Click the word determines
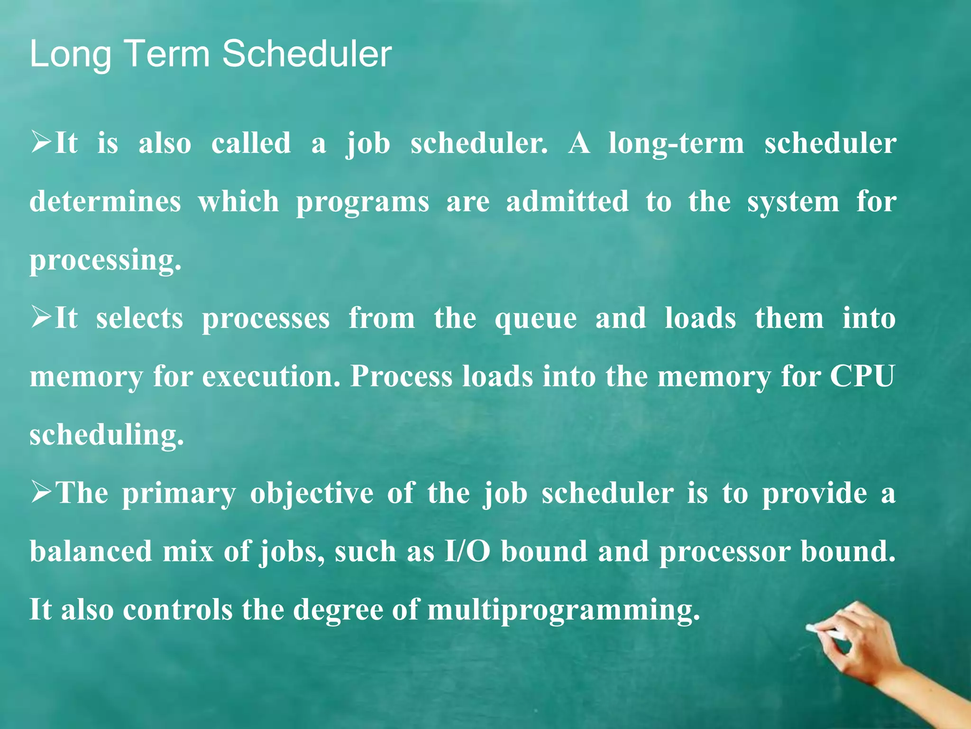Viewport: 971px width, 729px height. tap(105, 201)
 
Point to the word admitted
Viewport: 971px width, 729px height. tap(567, 201)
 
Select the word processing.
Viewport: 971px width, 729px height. tap(105, 260)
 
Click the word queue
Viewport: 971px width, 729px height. tap(536, 319)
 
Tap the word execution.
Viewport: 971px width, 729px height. tap(272, 376)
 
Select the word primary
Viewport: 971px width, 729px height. tap(179, 494)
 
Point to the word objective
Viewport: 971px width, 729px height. tap(311, 494)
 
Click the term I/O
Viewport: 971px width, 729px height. tap(467, 551)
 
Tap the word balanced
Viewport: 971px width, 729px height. tap(91, 551)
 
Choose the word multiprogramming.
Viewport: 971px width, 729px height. tap(563, 610)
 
